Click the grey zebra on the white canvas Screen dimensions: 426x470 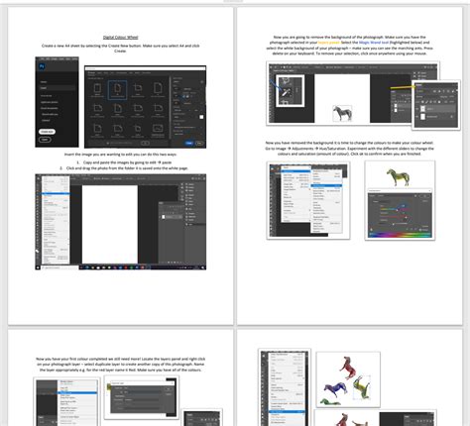342,112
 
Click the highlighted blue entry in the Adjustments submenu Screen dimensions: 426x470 325,185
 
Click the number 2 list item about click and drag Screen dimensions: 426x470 123,168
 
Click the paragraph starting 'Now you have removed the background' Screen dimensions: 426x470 352,149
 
